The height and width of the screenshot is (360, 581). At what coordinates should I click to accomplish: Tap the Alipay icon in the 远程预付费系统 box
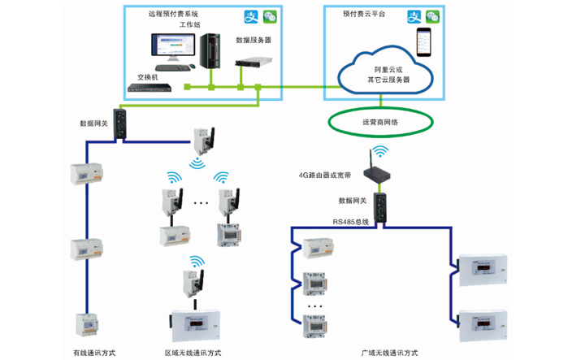[251, 16]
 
